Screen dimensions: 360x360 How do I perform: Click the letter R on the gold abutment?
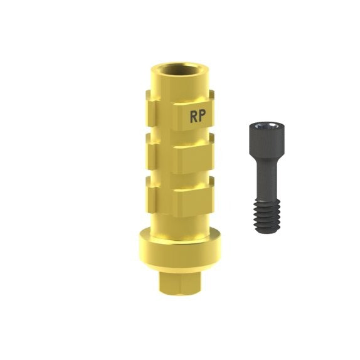193,116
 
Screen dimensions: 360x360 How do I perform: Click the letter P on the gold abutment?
201,116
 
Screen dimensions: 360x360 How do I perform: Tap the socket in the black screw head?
267,125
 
